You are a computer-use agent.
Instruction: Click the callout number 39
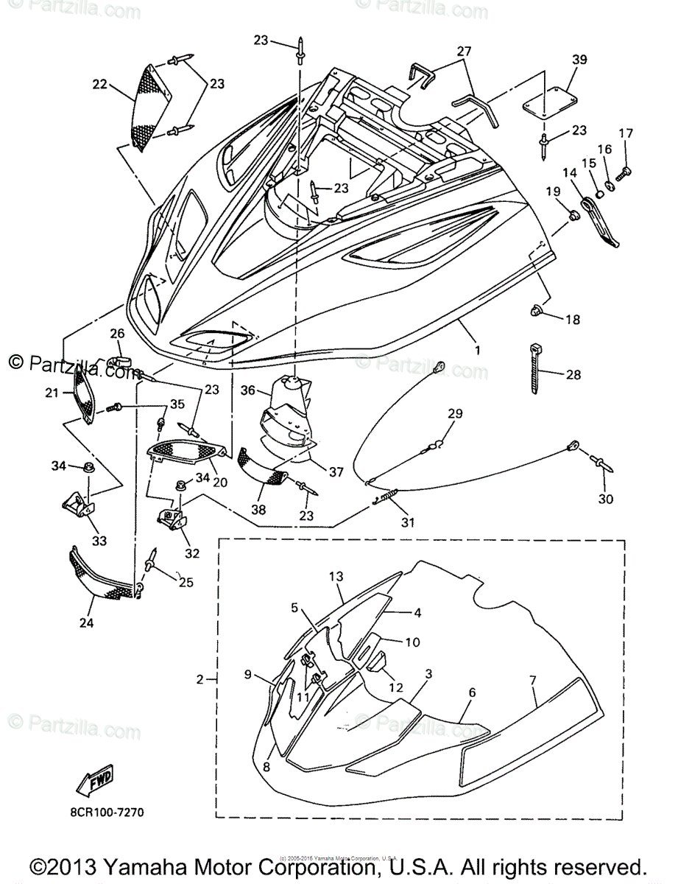579,60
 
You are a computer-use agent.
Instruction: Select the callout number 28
573,375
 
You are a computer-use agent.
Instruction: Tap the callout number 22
99,85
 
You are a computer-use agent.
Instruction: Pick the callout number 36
247,391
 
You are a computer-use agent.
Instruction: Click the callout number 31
407,522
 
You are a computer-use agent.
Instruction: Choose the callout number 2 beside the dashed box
199,679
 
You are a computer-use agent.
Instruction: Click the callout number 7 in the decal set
534,676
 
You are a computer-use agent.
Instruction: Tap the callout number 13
336,575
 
